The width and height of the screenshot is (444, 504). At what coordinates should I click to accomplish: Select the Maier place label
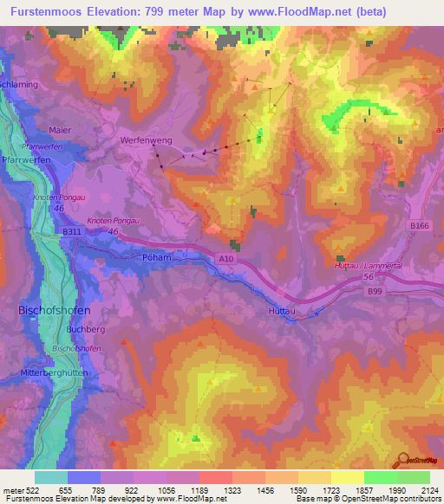tap(60, 130)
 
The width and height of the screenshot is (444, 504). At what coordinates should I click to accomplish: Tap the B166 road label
tap(420, 225)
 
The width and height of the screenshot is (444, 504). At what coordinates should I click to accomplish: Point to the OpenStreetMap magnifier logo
tap(402, 461)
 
